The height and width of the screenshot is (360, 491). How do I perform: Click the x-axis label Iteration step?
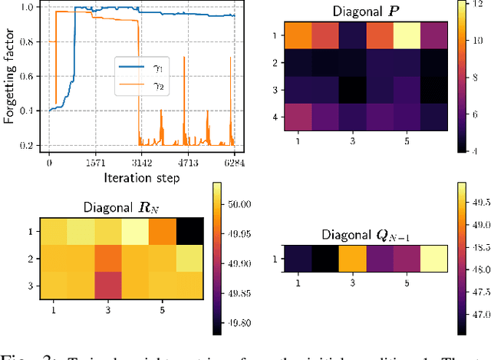tap(141, 177)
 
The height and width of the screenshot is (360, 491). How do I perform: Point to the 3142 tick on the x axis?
tap(141, 163)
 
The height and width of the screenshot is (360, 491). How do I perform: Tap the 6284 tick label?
tap(233, 163)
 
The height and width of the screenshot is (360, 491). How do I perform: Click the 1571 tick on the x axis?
tap(95, 163)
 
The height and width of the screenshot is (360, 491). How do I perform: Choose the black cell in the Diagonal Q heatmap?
tap(321, 259)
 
